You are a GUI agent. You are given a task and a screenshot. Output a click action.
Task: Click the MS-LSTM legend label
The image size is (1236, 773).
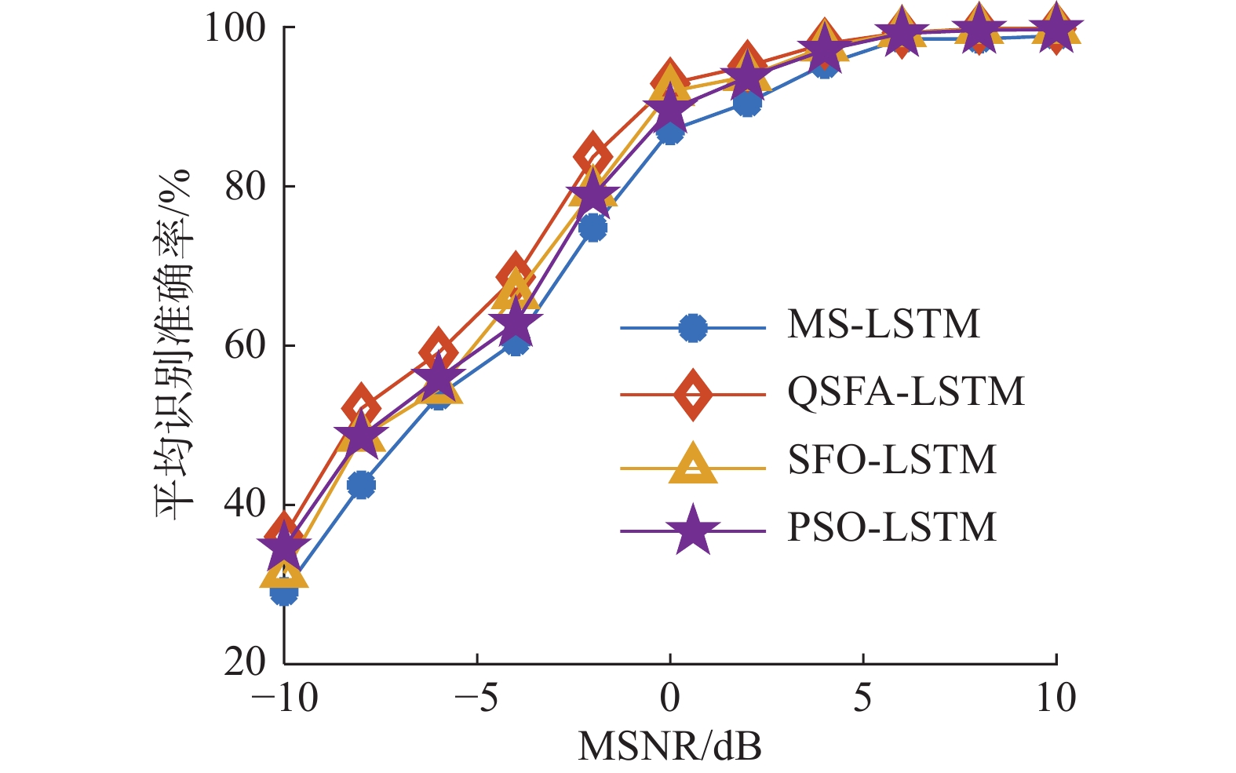pos(884,324)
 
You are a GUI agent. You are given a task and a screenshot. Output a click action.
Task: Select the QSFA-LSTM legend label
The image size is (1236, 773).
pos(906,392)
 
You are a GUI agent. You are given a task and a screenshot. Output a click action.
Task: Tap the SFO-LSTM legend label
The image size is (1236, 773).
pos(891,460)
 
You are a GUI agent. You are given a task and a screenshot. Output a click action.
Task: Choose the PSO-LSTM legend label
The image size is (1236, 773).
pos(891,527)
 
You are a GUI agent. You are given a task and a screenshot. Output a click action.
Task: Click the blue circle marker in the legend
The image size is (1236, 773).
pos(693,328)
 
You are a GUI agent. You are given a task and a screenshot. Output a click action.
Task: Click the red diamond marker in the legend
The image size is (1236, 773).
pos(693,393)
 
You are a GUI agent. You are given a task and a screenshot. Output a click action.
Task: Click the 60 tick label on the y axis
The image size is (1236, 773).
pos(245,346)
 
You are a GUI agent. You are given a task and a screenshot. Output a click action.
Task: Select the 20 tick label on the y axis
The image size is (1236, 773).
pos(245,663)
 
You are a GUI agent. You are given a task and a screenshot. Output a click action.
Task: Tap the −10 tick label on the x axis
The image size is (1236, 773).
pos(284,698)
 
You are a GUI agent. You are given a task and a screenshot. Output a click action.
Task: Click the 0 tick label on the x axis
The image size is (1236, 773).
pos(670,698)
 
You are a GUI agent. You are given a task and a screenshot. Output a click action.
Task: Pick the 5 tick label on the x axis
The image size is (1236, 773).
pos(863,698)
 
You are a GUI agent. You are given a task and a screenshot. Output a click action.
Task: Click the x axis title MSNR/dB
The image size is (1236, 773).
pos(669,746)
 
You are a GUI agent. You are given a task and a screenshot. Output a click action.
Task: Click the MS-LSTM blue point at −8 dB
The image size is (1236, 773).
pos(361,485)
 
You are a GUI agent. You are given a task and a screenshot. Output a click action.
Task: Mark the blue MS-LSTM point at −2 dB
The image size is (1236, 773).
pos(593,228)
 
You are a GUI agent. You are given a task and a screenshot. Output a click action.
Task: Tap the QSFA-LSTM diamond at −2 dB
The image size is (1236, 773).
pos(592,155)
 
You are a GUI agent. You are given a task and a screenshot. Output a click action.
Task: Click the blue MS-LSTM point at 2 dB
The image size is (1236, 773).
pos(748,103)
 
